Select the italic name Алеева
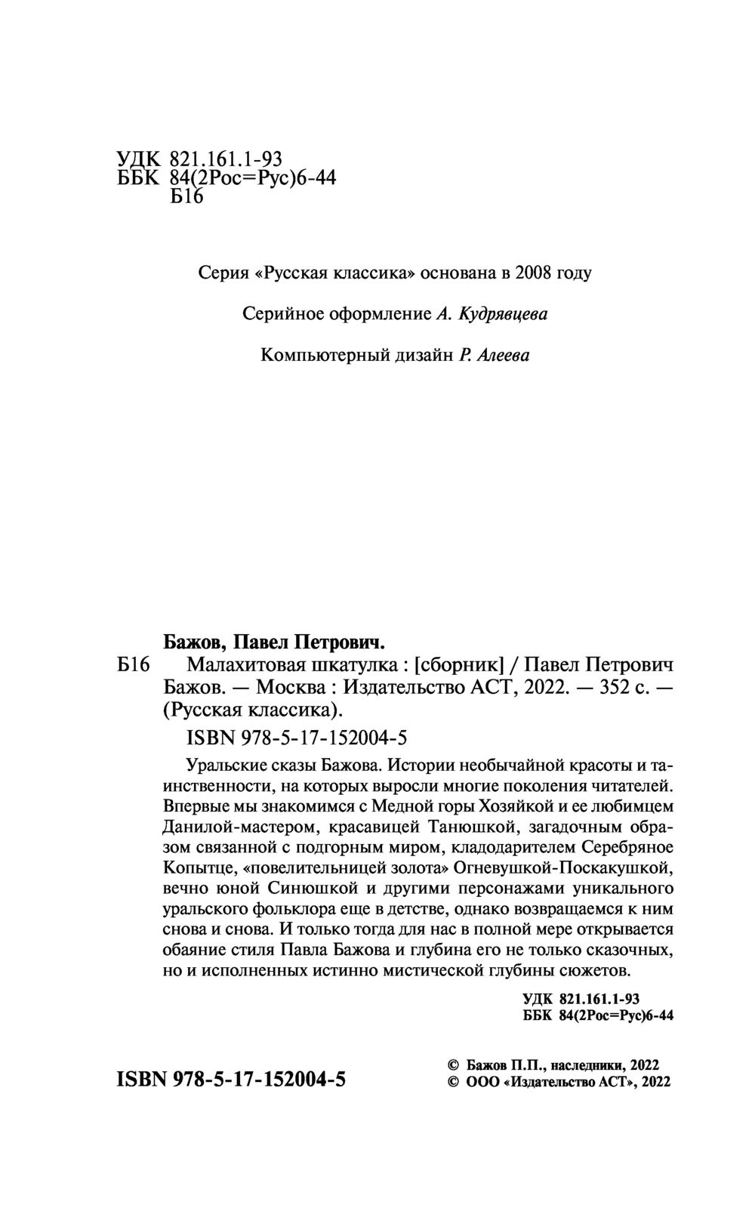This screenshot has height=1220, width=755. [x=503, y=355]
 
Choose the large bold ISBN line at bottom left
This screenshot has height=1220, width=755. [x=231, y=1080]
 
